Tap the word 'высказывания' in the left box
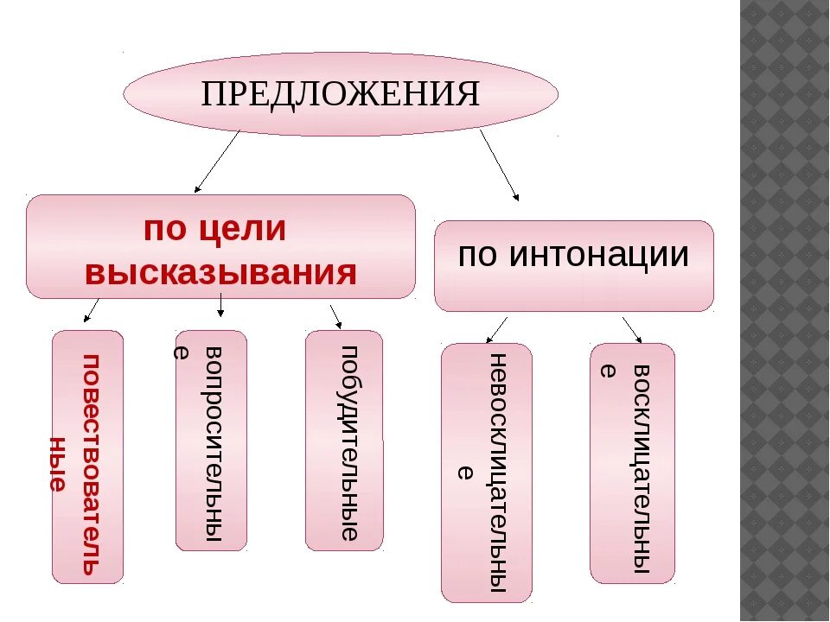tap(220, 272)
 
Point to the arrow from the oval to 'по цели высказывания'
tap(216, 161)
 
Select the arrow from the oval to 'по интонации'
tap(499, 166)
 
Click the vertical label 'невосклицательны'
tap(497, 476)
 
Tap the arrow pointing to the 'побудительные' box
tap(335, 315)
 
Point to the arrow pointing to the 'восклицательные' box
tap(632, 329)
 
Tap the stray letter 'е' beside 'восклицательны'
tap(607, 371)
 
